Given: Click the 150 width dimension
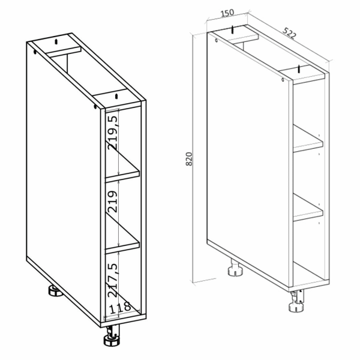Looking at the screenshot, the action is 227,13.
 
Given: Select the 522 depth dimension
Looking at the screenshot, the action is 289,33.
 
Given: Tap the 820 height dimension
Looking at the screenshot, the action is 189,159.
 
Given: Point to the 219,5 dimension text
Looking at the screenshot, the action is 113,133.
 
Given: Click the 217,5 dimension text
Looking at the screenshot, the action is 113,280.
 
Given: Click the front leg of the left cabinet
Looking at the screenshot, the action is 112,335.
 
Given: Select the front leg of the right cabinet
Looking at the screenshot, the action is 297,301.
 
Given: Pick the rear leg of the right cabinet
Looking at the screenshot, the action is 235,268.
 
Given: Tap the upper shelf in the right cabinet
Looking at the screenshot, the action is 308,139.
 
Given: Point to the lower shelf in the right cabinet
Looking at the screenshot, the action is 308,208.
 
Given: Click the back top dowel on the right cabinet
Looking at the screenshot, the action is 233,29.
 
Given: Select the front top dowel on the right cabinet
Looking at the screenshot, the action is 299,69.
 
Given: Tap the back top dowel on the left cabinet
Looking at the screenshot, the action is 56,41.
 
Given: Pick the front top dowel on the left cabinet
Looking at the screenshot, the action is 116,96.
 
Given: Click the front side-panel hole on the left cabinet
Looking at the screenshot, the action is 95,106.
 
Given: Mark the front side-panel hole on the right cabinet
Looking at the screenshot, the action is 283,80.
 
